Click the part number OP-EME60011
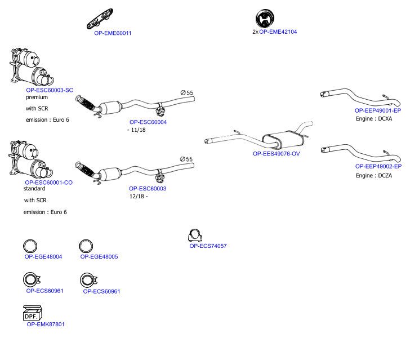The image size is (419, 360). click(x=113, y=33)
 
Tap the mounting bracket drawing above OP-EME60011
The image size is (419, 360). click(x=100, y=19)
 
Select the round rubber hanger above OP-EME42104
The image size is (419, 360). click(x=265, y=19)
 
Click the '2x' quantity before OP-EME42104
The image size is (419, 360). click(x=255, y=32)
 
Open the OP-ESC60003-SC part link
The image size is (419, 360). click(x=50, y=90)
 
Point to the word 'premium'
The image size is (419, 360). click(x=37, y=97)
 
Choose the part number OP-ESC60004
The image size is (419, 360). click(x=148, y=122)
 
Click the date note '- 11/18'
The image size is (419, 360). click(x=136, y=130)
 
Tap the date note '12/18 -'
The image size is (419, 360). click(x=139, y=197)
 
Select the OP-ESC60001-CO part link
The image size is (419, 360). click(x=48, y=183)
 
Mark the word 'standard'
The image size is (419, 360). click(x=34, y=188)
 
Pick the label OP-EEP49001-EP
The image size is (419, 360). click(x=378, y=110)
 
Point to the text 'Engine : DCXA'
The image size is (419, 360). click(x=374, y=119)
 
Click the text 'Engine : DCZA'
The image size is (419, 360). click(x=374, y=176)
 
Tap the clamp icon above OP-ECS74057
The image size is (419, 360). click(x=195, y=235)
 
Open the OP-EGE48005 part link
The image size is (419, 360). click(x=99, y=256)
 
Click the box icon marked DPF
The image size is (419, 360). click(x=32, y=313)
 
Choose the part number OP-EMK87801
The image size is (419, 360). click(x=46, y=324)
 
